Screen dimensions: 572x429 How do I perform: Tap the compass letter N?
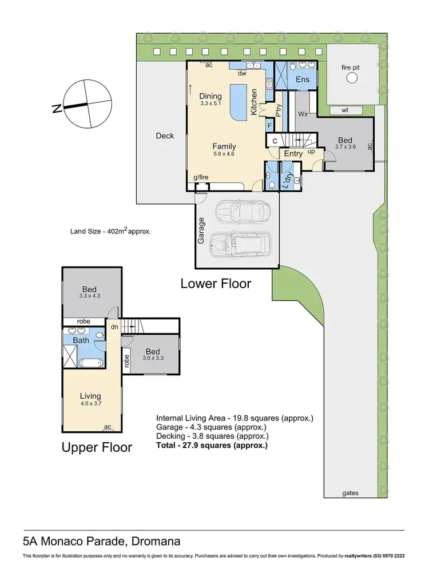pos(57,108)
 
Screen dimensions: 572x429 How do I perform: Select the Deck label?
pos(165,136)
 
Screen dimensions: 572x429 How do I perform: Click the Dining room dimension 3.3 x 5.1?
pos(210,104)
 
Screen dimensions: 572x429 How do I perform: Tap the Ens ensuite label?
pos(302,80)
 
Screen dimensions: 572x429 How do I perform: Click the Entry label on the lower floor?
pos(293,154)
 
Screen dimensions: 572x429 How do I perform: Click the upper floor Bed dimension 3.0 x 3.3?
pos(152,359)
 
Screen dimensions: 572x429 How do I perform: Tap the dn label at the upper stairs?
pos(115,327)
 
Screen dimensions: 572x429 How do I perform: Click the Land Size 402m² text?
pos(110,232)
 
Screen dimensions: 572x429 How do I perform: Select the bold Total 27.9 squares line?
pos(212,444)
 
